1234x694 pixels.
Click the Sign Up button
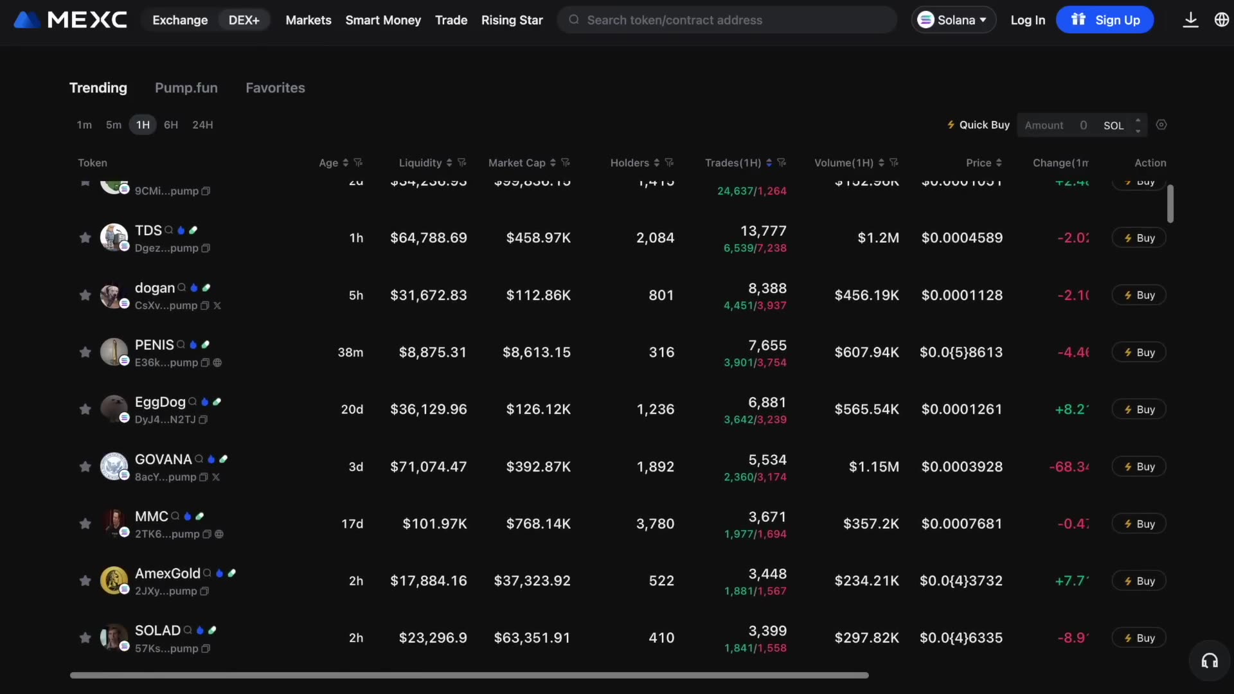(1105, 20)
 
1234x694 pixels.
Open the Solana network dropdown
(953, 20)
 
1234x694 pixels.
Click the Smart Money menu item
(383, 20)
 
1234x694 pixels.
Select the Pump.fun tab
(186, 87)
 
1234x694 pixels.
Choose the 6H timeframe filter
(170, 125)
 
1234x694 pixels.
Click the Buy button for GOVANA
(1139, 467)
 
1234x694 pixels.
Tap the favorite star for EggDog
(85, 409)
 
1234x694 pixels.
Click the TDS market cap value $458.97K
(538, 238)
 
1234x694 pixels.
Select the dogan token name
(154, 288)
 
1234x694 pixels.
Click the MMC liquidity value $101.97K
(434, 524)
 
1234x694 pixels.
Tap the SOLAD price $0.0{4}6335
(961, 637)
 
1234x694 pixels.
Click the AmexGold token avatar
(114, 580)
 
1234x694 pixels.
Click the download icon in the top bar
(1190, 20)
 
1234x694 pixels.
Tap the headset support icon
(1210, 661)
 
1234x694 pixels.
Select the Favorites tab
(275, 87)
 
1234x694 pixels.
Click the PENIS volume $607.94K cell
(866, 352)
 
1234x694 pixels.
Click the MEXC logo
(71, 20)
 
